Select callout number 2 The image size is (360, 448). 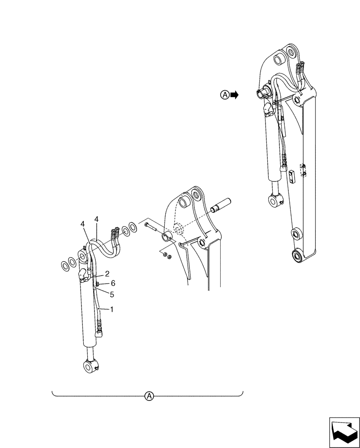pos(107,274)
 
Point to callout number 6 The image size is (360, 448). pos(113,283)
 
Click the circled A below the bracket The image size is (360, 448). pos(149,396)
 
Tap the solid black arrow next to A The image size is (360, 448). pos(234,95)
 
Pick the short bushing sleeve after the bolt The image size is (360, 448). pos(167,237)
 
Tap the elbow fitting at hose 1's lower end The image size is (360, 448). pos(100,332)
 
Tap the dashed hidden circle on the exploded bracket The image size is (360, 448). pos(178,229)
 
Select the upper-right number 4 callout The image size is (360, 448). pos(96,219)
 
